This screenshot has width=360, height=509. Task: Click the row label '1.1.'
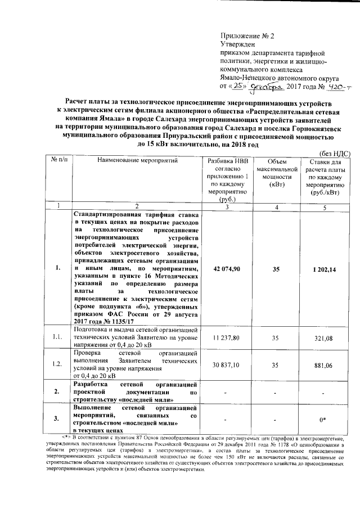(x=58, y=337)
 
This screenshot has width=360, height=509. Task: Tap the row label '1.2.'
(x=58, y=364)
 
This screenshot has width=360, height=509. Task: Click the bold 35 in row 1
(x=276, y=269)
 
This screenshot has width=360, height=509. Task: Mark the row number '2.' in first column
(x=58, y=391)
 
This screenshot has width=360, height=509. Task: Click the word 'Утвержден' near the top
(x=237, y=44)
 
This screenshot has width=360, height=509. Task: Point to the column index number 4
(x=276, y=206)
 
